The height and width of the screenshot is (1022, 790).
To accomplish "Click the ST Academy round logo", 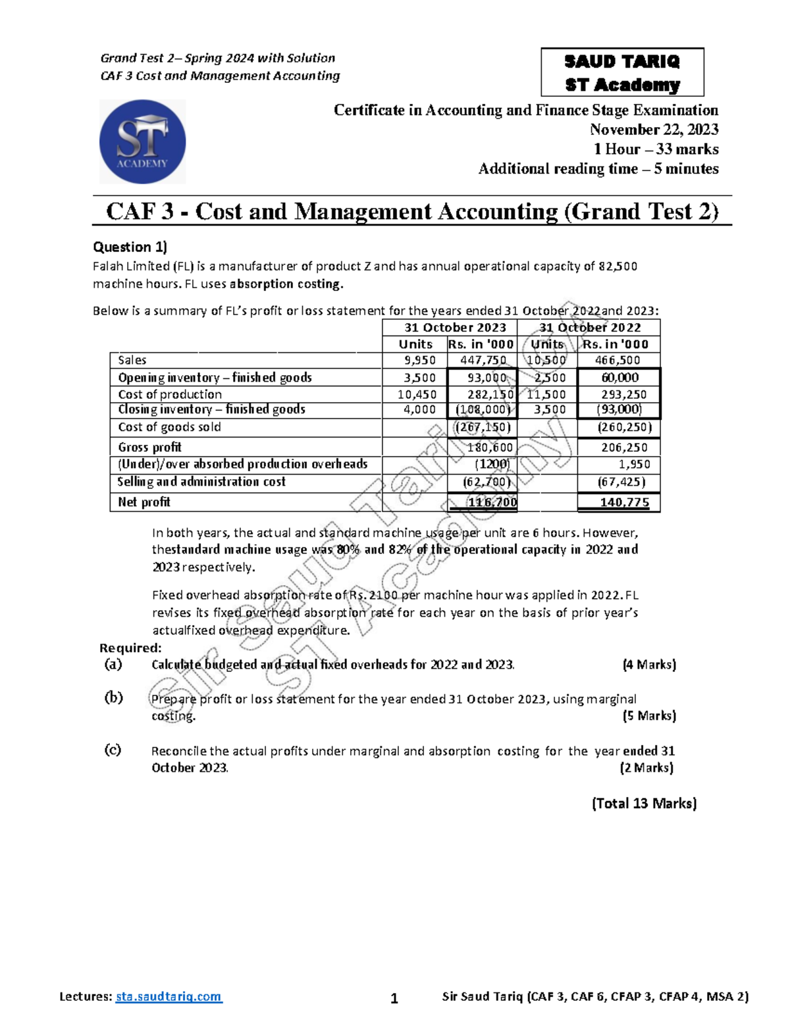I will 142,141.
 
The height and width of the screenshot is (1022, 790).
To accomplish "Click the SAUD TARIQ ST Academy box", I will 622,72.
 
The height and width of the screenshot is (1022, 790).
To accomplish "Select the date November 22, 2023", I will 654,130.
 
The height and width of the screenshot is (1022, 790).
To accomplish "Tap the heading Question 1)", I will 130,247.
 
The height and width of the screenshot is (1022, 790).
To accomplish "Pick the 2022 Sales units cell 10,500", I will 546,360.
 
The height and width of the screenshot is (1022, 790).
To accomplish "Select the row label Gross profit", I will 149,447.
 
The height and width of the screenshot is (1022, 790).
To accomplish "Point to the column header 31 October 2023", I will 455,328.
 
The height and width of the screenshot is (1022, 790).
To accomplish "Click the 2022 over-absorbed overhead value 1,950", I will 635,464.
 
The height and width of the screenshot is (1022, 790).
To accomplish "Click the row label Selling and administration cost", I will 201,482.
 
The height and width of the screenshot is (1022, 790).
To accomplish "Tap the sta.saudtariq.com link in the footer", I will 169,996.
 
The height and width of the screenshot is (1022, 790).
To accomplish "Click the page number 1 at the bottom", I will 394,999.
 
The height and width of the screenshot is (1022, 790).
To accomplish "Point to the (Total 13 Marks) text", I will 644,804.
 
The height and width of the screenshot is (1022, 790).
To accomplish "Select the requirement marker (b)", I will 113,698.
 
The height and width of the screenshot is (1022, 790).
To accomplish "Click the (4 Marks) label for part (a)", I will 649,665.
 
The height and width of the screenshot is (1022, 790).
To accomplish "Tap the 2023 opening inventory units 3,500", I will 420,378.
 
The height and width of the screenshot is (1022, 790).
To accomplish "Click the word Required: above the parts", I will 130,648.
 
